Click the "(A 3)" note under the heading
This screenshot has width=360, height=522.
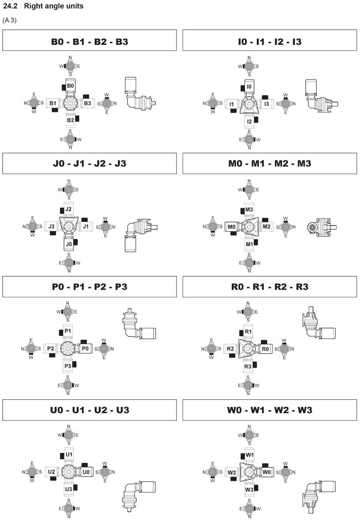click(10, 20)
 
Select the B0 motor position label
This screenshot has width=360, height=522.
click(71, 86)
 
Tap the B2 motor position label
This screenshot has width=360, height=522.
click(71, 120)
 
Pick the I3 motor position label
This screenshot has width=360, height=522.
click(266, 104)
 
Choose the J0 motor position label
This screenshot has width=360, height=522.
click(68, 244)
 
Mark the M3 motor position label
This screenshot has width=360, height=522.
click(249, 209)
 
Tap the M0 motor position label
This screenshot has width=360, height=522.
click(232, 226)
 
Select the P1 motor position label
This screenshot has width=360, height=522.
click(68, 331)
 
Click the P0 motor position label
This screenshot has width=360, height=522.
click(86, 349)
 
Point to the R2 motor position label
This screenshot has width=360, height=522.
click(230, 349)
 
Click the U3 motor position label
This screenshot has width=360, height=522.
click(68, 489)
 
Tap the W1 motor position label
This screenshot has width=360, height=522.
click(250, 454)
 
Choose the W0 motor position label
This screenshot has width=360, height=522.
click(266, 472)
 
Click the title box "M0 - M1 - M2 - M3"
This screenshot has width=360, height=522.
click(270, 163)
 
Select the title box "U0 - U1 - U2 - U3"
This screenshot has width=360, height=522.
click(90, 410)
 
